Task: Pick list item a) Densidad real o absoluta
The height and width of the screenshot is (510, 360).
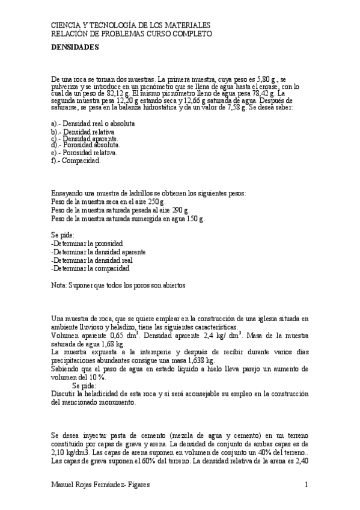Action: tap(93, 123)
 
